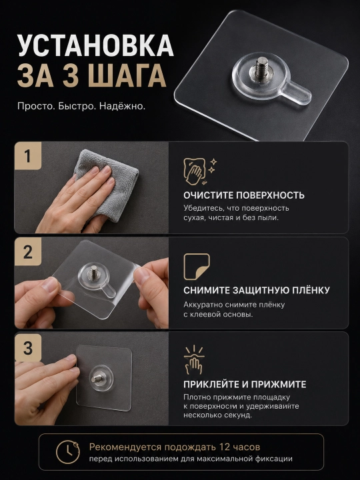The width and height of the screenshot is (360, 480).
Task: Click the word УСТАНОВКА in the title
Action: click(95, 45)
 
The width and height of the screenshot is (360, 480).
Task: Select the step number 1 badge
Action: click(28, 155)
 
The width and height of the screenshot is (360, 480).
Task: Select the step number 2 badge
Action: click(28, 251)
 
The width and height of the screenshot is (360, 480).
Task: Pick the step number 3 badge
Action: click(28, 348)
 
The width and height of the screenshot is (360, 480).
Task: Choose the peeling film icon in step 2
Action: click(197, 266)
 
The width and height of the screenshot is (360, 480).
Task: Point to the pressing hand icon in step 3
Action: click(194, 360)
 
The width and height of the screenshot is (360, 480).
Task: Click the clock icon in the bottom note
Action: click(68, 452)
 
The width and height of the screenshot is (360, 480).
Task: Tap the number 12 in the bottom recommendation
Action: click(225, 447)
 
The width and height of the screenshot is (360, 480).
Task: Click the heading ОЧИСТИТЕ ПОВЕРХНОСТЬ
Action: click(244, 195)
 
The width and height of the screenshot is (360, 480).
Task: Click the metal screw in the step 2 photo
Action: click(93, 273)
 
